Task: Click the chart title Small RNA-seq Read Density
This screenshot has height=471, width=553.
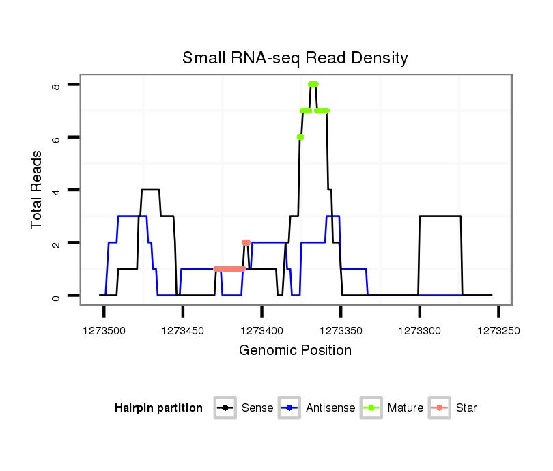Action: point(295,58)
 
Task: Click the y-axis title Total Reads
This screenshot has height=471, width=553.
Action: point(37,189)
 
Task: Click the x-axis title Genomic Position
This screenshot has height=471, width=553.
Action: point(295,351)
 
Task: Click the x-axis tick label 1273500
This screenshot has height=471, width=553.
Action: point(104,330)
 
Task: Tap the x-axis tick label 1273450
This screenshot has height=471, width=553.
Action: point(183,330)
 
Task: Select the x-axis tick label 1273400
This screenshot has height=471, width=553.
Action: point(261,330)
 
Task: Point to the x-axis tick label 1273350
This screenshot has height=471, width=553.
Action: point(341,330)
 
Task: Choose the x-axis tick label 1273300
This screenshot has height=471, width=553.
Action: point(419,330)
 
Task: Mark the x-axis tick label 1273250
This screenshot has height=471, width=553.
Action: point(498,330)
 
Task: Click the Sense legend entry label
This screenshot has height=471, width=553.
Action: point(257,408)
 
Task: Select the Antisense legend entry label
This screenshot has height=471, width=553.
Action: point(330,408)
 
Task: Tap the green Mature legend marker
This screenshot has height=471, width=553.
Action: point(371,408)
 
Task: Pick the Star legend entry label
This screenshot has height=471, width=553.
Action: point(466,408)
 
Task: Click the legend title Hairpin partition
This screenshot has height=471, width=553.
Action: point(158,408)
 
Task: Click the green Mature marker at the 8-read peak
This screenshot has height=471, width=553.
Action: point(313,85)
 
